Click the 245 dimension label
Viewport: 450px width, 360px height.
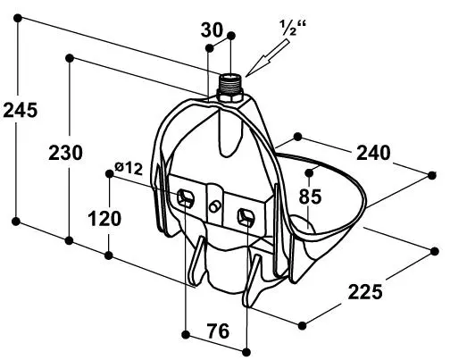(x=21, y=110)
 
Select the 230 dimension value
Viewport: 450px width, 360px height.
(x=65, y=153)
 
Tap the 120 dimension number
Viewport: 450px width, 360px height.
(x=104, y=219)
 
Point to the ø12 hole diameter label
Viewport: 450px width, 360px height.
(x=129, y=168)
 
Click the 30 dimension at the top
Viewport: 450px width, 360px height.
(x=212, y=30)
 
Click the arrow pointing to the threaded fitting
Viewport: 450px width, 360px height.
(x=267, y=58)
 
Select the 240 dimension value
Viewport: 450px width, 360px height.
(x=373, y=153)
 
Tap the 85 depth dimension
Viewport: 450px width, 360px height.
(x=310, y=197)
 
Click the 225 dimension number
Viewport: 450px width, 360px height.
(x=365, y=292)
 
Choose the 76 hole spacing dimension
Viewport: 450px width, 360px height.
(x=218, y=331)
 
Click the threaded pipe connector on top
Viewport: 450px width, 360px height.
(x=231, y=83)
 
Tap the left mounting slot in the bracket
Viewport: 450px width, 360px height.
(x=186, y=198)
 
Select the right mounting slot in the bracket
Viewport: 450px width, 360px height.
(x=246, y=217)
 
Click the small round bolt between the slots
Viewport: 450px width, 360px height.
(x=214, y=206)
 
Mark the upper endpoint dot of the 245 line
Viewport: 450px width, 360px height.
(x=18, y=18)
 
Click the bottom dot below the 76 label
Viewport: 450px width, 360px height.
(x=246, y=352)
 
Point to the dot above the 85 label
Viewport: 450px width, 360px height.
(x=310, y=172)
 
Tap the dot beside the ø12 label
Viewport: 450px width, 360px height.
(x=110, y=173)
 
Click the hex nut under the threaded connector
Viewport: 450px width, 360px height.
(x=230, y=96)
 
